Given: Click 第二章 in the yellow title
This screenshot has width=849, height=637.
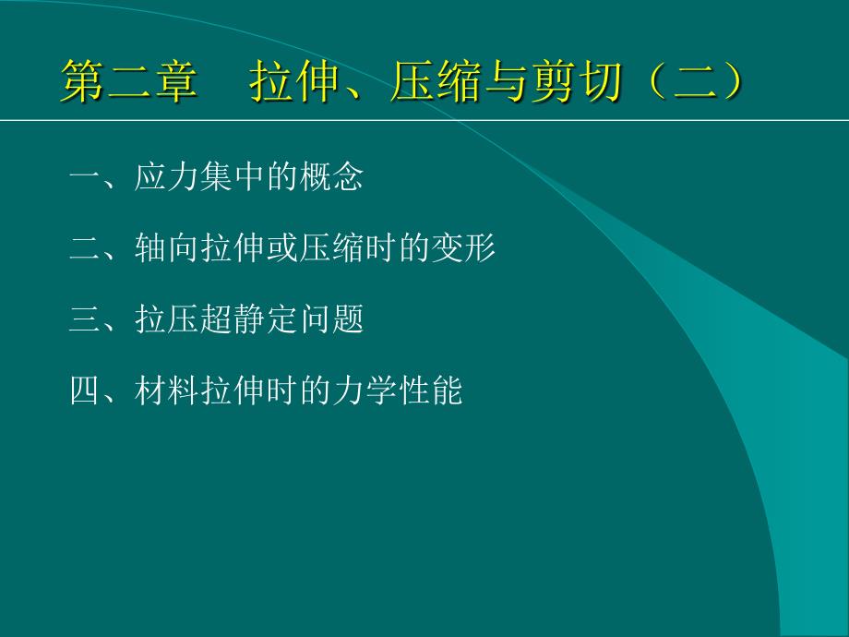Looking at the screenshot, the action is click(x=129, y=81).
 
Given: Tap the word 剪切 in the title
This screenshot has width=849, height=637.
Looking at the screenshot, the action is click(x=576, y=81).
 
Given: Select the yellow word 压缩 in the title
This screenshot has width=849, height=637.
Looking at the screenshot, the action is click(x=436, y=81).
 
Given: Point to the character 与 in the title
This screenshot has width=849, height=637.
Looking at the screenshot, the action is click(x=507, y=81).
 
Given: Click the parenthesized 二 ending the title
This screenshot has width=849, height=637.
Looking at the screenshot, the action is click(x=695, y=81).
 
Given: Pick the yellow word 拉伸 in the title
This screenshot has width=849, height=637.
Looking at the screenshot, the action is click(x=295, y=81).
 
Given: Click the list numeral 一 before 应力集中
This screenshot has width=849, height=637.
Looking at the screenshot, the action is click(x=85, y=177).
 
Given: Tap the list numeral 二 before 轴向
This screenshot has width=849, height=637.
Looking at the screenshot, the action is click(x=85, y=248).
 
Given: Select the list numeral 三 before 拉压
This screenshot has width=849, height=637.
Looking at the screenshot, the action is click(x=85, y=319).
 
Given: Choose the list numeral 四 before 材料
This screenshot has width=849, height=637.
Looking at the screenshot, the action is click(x=85, y=390).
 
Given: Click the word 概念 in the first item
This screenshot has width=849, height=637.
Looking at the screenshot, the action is click(x=331, y=176).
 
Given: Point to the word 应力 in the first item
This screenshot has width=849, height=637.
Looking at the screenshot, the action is click(x=166, y=176).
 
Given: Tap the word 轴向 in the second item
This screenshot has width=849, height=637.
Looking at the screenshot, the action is click(x=166, y=248).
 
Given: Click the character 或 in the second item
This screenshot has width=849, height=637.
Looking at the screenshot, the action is click(x=282, y=248).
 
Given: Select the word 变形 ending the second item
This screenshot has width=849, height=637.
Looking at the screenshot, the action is click(x=463, y=248).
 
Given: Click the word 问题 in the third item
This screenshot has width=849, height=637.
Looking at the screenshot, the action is click(x=331, y=318).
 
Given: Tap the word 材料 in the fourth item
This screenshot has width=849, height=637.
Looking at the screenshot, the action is click(x=166, y=390).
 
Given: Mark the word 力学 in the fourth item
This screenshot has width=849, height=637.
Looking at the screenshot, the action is click(x=365, y=390).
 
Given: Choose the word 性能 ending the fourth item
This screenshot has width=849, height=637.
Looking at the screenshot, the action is click(x=430, y=390).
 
